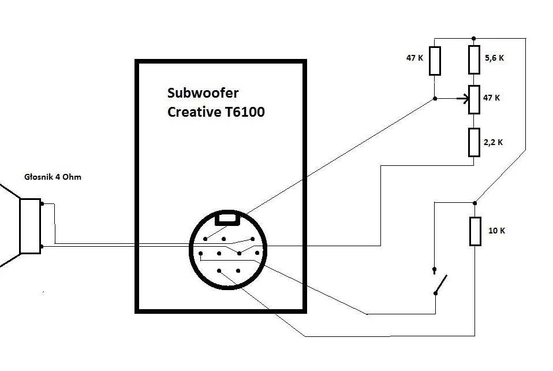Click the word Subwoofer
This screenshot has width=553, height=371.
tap(203, 93)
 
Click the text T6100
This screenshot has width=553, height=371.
tap(244, 112)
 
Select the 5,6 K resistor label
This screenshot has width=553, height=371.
tap(494, 58)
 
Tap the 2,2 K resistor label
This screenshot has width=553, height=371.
tap(493, 143)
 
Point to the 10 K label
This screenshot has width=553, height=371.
tap(496, 231)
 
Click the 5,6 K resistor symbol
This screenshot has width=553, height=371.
tap(474, 60)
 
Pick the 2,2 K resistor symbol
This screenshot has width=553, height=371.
tap(474, 143)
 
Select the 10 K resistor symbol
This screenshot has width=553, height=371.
tap(475, 231)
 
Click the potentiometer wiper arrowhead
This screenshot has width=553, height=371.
tap(465, 99)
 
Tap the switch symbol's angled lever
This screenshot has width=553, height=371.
tap(441, 284)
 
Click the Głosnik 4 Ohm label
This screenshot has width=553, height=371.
tap(53, 177)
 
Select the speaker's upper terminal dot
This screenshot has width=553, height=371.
tap(42, 203)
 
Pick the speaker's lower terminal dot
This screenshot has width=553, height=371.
tap(42, 246)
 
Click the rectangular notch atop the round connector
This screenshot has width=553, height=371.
tap(227, 218)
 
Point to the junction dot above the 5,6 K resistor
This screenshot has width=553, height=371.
tap(474, 38)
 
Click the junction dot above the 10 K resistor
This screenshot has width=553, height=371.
tap(474, 203)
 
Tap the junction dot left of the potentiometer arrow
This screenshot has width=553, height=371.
tap(435, 99)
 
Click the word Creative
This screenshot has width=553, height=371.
tap(193, 112)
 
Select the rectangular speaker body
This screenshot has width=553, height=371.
tap(31, 227)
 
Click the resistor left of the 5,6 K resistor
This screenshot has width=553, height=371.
tap(435, 61)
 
